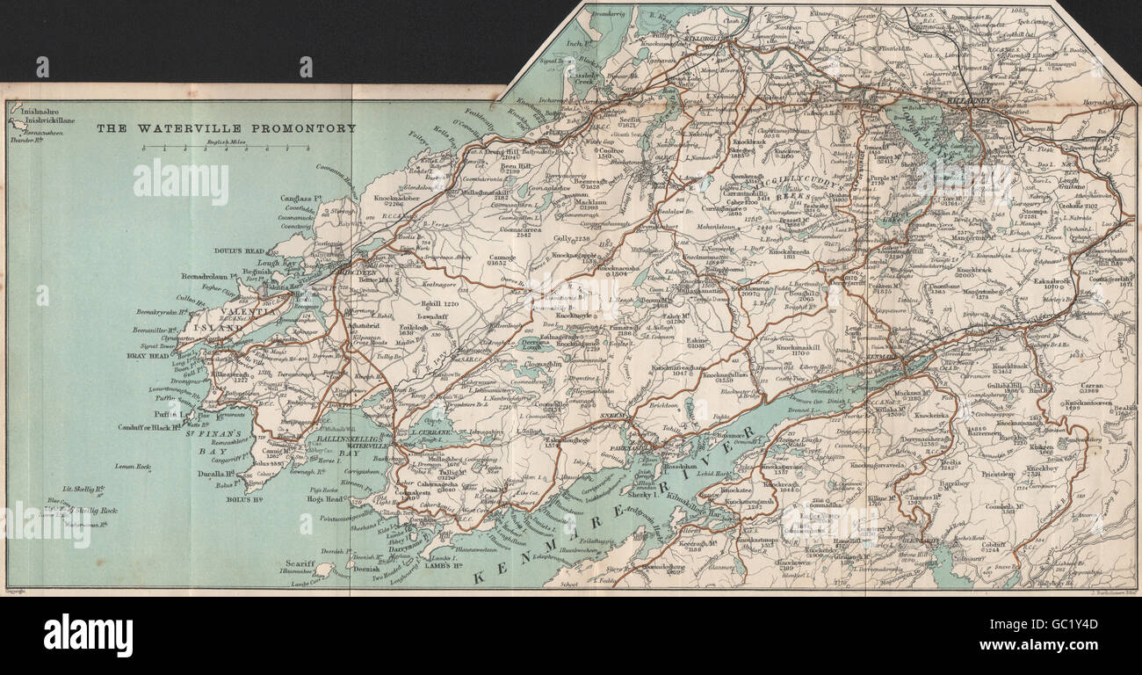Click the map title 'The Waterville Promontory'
226,128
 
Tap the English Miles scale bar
226,149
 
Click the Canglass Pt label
296,199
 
